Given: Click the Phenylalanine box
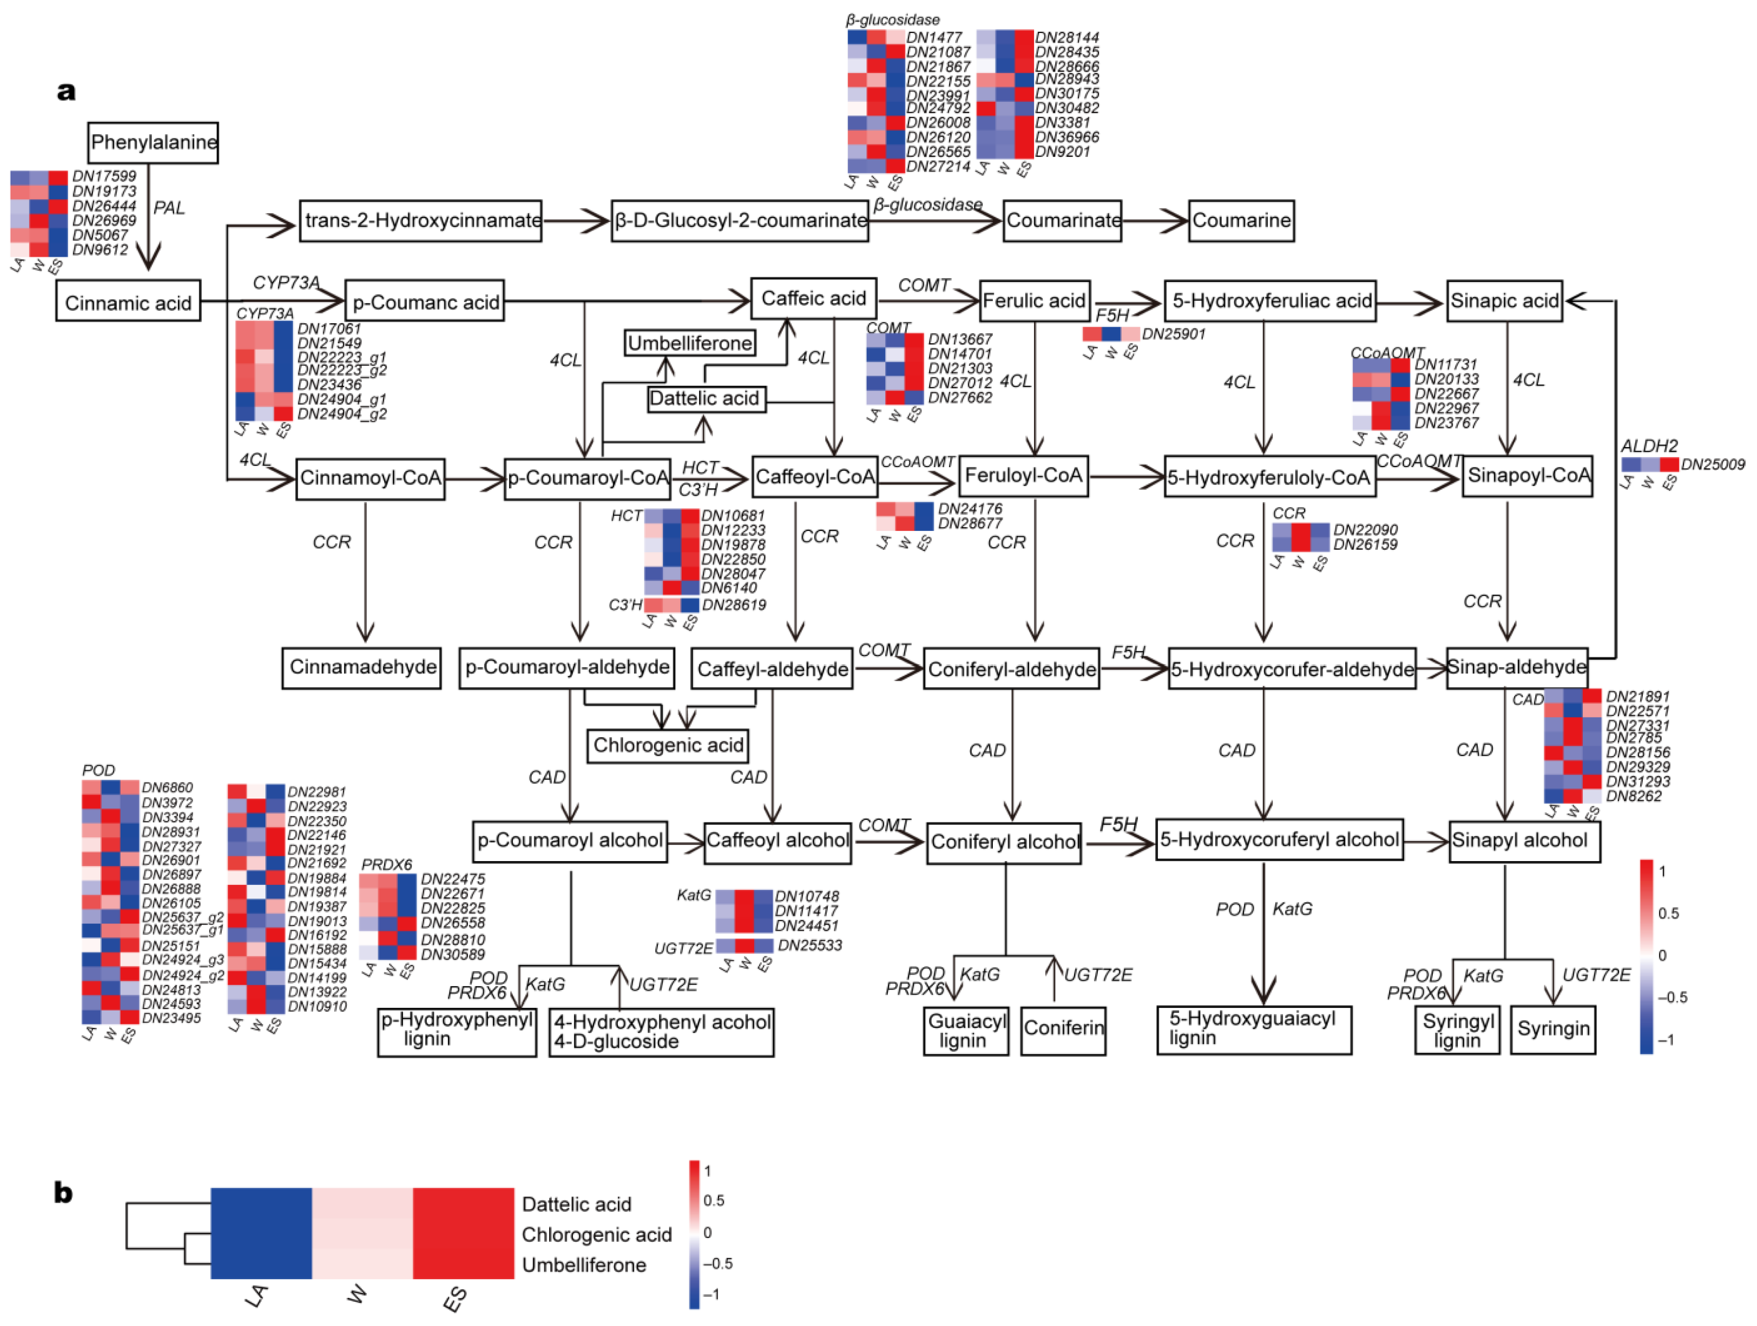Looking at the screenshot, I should point(153,143).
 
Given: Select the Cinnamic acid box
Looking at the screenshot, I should point(128,303).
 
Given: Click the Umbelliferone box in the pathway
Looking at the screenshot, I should point(689,343).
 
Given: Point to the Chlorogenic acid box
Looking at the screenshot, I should point(667,745).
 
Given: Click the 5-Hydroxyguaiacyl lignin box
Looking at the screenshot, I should point(1253,1029).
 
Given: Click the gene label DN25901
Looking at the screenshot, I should point(1173,334).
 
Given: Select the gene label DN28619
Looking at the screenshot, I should point(734,605).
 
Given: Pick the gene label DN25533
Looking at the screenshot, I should point(810,945).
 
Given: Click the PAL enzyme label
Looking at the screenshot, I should point(168,208).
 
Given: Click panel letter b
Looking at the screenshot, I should point(63,1193).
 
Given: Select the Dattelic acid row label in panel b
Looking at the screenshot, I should point(576,1204).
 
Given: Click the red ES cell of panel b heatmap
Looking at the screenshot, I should point(463,1233).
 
